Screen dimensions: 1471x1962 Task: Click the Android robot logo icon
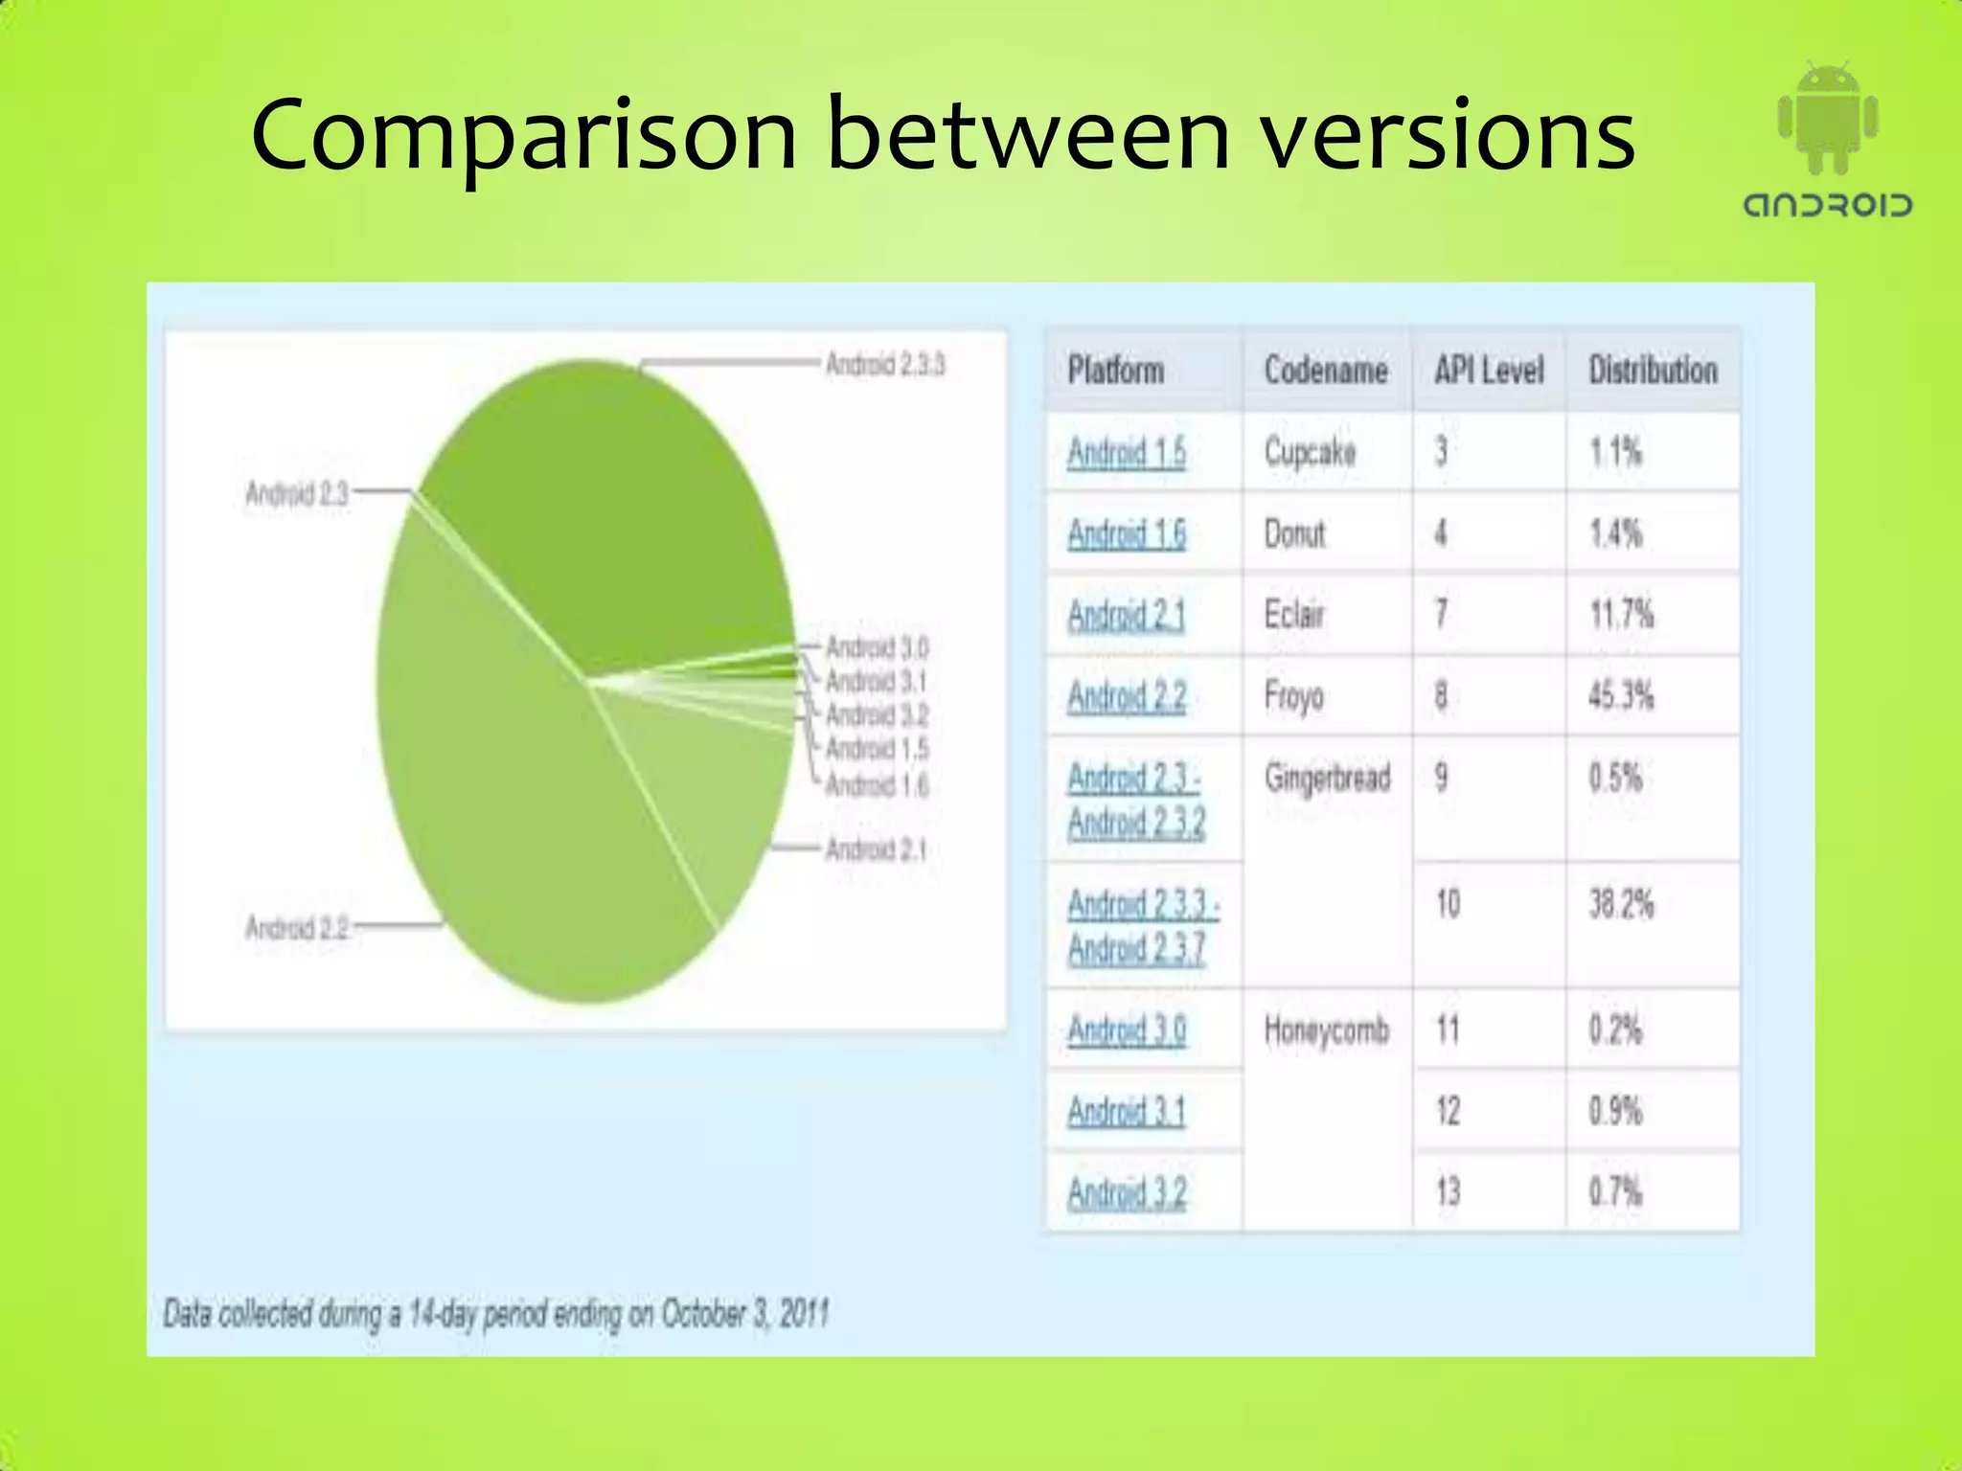click(x=1827, y=119)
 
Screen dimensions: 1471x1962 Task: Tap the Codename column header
click(x=1326, y=371)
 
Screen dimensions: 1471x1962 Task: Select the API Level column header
click(x=1489, y=371)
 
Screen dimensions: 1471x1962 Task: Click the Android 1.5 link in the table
click(x=1127, y=452)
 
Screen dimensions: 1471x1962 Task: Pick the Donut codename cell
click(x=1295, y=533)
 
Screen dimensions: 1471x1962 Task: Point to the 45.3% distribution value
click(x=1621, y=696)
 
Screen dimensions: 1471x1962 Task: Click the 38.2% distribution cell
click(x=1621, y=904)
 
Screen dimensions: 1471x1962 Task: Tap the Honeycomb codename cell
click(x=1327, y=1031)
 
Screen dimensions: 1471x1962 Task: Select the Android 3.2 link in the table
click(x=1127, y=1193)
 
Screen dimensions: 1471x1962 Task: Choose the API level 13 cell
click(x=1448, y=1193)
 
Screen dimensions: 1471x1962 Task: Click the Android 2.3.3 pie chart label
click(x=885, y=365)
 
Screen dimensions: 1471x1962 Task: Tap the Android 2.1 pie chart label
click(x=876, y=849)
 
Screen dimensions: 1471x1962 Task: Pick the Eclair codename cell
click(x=1294, y=615)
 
